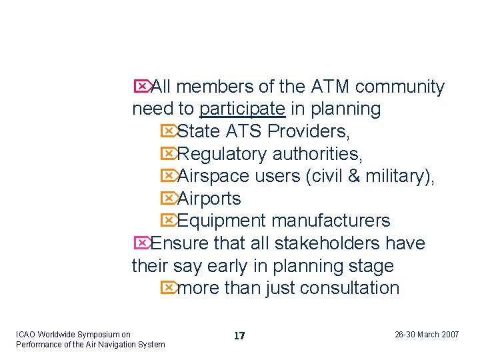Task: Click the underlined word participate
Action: click(x=243, y=109)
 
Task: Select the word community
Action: click(x=400, y=87)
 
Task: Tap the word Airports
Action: click(x=209, y=199)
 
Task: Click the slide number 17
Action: click(x=239, y=336)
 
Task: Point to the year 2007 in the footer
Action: click(x=451, y=335)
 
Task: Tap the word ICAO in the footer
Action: click(x=25, y=335)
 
